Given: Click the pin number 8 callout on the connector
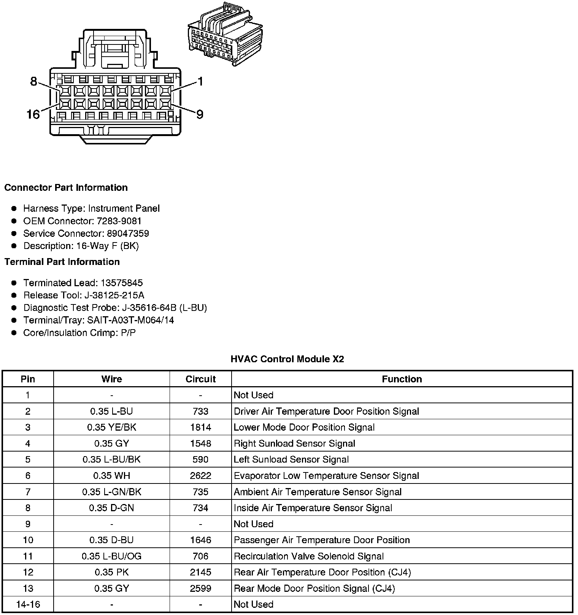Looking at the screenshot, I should tap(33, 81).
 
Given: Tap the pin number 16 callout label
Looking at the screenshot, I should tap(33, 114).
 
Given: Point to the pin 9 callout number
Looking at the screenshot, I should tap(200, 114).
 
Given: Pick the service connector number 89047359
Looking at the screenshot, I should tap(128, 233).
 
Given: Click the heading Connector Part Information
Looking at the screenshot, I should tap(66, 187).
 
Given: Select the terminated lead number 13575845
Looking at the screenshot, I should tap(122, 283).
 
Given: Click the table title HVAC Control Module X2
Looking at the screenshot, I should tap(287, 359).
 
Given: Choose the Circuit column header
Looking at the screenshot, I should tap(200, 379).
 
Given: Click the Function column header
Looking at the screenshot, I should tap(402, 379).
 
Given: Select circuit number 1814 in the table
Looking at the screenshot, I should tap(200, 427).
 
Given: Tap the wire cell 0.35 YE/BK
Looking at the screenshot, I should tap(111, 427).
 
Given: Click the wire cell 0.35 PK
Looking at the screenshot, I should tap(111, 572).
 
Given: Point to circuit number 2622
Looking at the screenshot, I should tap(200, 476).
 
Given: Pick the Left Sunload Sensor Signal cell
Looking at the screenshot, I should tap(291, 460).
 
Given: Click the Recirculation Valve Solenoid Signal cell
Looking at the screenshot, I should tap(308, 556).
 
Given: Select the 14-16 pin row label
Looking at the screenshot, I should tap(28, 604).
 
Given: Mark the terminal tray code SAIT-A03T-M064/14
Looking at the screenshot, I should tap(130, 320).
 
